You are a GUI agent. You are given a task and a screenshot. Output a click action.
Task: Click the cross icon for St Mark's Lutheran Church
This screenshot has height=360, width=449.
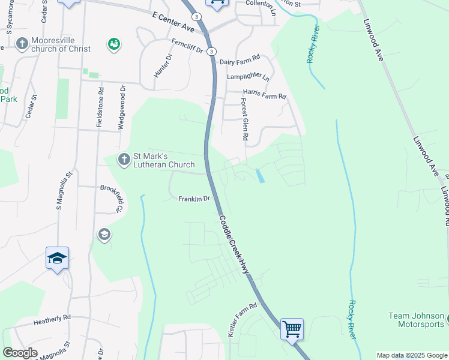(124, 160)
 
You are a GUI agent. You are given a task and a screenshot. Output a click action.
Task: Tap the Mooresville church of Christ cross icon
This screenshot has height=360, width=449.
(22, 44)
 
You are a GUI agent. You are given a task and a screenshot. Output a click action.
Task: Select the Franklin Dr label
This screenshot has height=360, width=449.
(193, 199)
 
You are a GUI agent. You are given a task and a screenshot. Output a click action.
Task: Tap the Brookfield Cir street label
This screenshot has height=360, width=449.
(111, 197)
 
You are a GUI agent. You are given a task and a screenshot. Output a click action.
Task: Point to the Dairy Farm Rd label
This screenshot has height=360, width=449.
(240, 60)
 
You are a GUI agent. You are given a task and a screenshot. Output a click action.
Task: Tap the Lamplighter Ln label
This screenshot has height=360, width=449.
(248, 77)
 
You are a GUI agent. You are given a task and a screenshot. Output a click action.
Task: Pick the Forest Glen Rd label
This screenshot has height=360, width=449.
(244, 119)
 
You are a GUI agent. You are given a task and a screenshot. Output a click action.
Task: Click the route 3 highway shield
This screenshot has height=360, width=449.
(211, 52)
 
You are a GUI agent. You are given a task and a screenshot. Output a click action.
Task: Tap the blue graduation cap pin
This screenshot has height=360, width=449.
(57, 259)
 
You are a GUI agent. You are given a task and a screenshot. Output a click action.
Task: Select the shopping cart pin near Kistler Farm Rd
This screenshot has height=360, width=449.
(292, 328)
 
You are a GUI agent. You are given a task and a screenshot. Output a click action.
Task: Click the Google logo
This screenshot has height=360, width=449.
(20, 353)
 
